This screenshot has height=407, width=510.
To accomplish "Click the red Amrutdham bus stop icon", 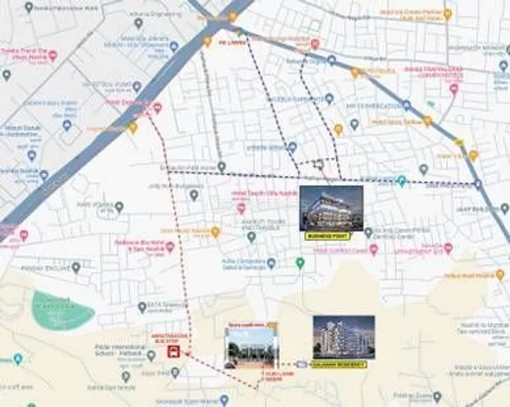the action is [173, 352].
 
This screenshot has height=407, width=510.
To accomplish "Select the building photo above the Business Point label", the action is [331, 208].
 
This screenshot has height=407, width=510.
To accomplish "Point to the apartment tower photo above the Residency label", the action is [344, 337].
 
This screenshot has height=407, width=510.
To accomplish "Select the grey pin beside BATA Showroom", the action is [142, 307].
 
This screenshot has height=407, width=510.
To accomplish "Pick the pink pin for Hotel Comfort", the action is [374, 249].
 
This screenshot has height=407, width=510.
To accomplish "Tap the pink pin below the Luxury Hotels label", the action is [454, 87].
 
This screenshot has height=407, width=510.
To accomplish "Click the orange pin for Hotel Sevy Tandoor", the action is [427, 121].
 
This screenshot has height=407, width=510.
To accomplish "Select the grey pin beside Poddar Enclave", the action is [76, 268].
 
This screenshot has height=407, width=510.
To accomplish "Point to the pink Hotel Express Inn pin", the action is [157, 108].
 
